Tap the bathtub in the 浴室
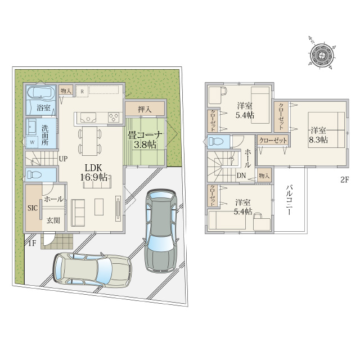point(41,95)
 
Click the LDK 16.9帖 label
point(93,172)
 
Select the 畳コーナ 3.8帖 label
point(145,139)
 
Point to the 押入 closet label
point(145,109)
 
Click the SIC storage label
point(33,208)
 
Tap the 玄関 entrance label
point(53,220)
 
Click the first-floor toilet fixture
point(34,175)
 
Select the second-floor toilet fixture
point(216,141)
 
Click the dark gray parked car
point(161,231)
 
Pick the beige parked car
point(92,270)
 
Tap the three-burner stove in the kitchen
point(114,118)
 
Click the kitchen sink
point(88,118)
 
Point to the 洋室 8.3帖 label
point(318,135)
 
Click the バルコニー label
point(289,200)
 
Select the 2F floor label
point(345,180)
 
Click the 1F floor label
point(32,243)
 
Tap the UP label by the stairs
point(63,159)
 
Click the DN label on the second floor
point(241,175)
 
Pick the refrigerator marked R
point(82,91)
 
